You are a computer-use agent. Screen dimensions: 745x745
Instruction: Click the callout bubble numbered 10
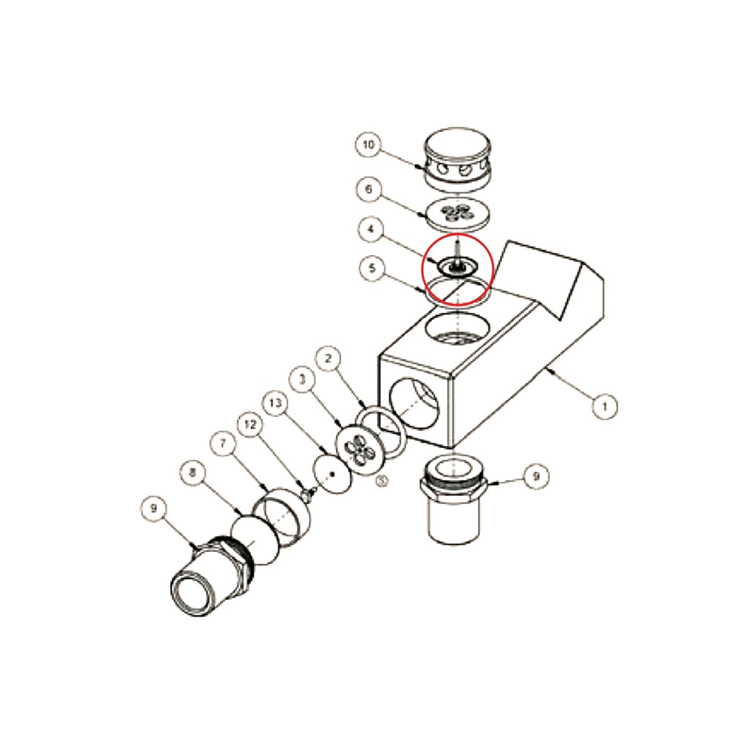[x=368, y=145]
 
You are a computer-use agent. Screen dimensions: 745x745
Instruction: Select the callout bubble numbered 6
[x=368, y=189]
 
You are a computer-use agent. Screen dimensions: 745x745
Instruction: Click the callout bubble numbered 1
[x=605, y=407]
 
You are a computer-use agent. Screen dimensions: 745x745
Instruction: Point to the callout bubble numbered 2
[x=328, y=359]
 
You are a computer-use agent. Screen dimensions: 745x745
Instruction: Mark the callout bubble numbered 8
[x=194, y=473]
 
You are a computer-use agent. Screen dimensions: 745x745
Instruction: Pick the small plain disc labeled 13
[x=333, y=474]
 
